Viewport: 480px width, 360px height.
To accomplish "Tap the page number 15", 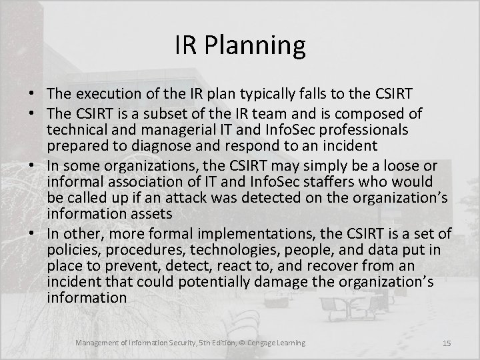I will click(447, 343).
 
